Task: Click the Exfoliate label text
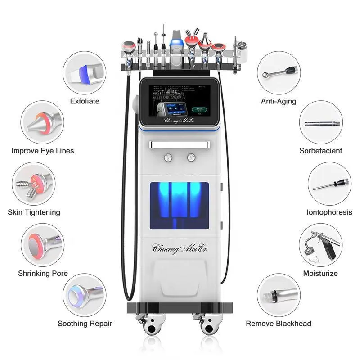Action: coord(85,101)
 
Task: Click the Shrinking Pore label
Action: coord(43,273)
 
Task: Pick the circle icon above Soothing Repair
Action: coord(85,296)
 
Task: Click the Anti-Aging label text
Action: coord(279,101)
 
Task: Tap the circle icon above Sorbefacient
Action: coord(321,122)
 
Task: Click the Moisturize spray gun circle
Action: coord(320,245)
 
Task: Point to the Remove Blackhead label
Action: coord(279,323)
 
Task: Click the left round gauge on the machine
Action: coord(168,157)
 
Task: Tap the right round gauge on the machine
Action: coord(191,157)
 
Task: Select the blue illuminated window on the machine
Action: coord(179,204)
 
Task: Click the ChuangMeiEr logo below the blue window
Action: coord(179,247)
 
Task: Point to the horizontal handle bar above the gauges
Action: coord(179,144)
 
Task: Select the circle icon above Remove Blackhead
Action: coord(279,296)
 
